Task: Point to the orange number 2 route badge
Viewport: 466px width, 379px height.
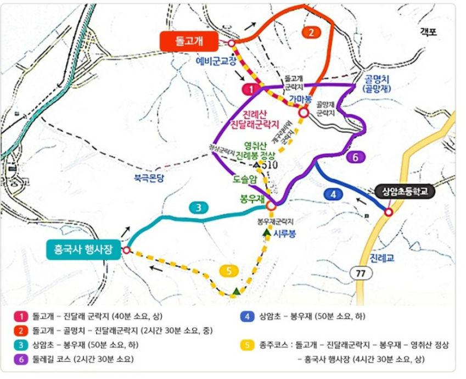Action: (x=311, y=32)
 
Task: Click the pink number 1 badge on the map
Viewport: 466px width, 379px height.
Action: (x=250, y=88)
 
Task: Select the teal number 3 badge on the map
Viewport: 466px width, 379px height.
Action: (x=199, y=208)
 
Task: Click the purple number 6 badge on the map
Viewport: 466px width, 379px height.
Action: (x=355, y=157)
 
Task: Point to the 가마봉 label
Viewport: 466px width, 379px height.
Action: (x=301, y=99)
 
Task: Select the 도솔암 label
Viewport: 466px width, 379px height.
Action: (x=239, y=179)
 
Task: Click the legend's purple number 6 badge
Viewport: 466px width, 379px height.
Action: (x=20, y=360)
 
